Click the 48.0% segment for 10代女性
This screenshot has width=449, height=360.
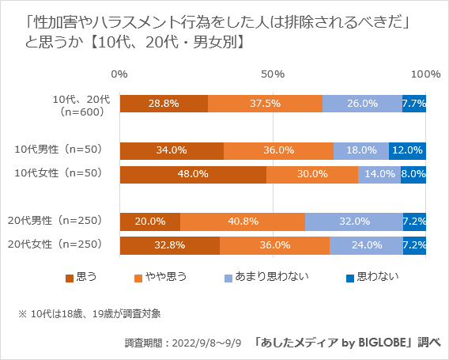193,174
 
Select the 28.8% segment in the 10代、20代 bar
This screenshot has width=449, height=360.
164,104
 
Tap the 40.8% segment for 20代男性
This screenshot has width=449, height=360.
243,222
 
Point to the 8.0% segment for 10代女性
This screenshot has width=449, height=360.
414,174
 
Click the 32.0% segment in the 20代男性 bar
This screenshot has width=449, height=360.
354,222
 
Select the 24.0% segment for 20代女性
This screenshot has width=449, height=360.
367,245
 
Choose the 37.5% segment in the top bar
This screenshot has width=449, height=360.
265,104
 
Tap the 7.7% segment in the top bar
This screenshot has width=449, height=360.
415,104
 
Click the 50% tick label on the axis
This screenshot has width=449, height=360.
273,74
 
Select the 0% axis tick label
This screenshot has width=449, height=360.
119,74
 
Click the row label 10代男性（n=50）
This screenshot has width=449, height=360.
58,149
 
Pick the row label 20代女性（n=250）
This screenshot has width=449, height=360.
58,244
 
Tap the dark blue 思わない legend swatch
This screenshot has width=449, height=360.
351,277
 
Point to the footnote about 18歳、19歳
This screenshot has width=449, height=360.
89,313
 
